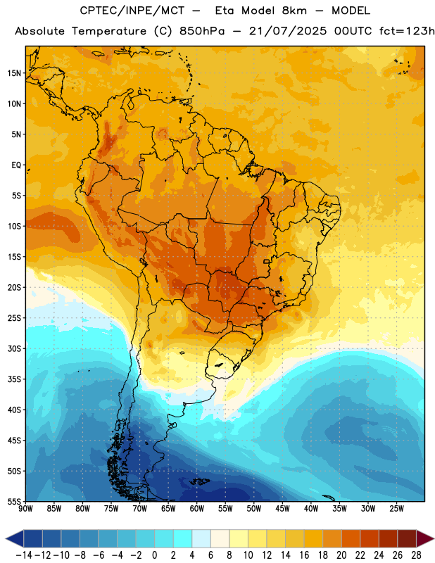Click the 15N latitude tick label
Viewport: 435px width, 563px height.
(14, 73)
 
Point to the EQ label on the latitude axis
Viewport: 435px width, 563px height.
(16, 165)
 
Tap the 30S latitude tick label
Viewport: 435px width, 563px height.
(14, 348)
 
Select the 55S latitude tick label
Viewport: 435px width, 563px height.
(14, 501)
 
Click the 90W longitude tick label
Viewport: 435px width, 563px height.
(25, 509)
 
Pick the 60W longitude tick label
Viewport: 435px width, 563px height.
(197, 509)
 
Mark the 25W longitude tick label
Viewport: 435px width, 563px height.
(396, 509)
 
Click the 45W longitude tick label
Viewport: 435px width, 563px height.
(282, 509)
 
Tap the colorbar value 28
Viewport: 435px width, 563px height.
(416, 555)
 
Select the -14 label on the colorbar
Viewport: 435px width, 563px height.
(24, 555)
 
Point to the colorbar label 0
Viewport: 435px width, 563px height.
(154, 555)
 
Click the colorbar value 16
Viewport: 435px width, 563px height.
(304, 555)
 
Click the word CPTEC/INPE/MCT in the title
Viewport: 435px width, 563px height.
(132, 11)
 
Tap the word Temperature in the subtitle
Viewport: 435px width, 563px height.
(109, 31)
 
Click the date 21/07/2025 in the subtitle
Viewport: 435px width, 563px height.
(288, 31)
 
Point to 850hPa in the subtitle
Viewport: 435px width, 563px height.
(202, 31)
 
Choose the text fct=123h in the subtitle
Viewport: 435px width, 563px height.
(407, 31)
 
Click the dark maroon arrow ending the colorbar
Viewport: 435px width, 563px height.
(425, 538)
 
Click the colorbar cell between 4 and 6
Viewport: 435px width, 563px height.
(201, 538)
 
